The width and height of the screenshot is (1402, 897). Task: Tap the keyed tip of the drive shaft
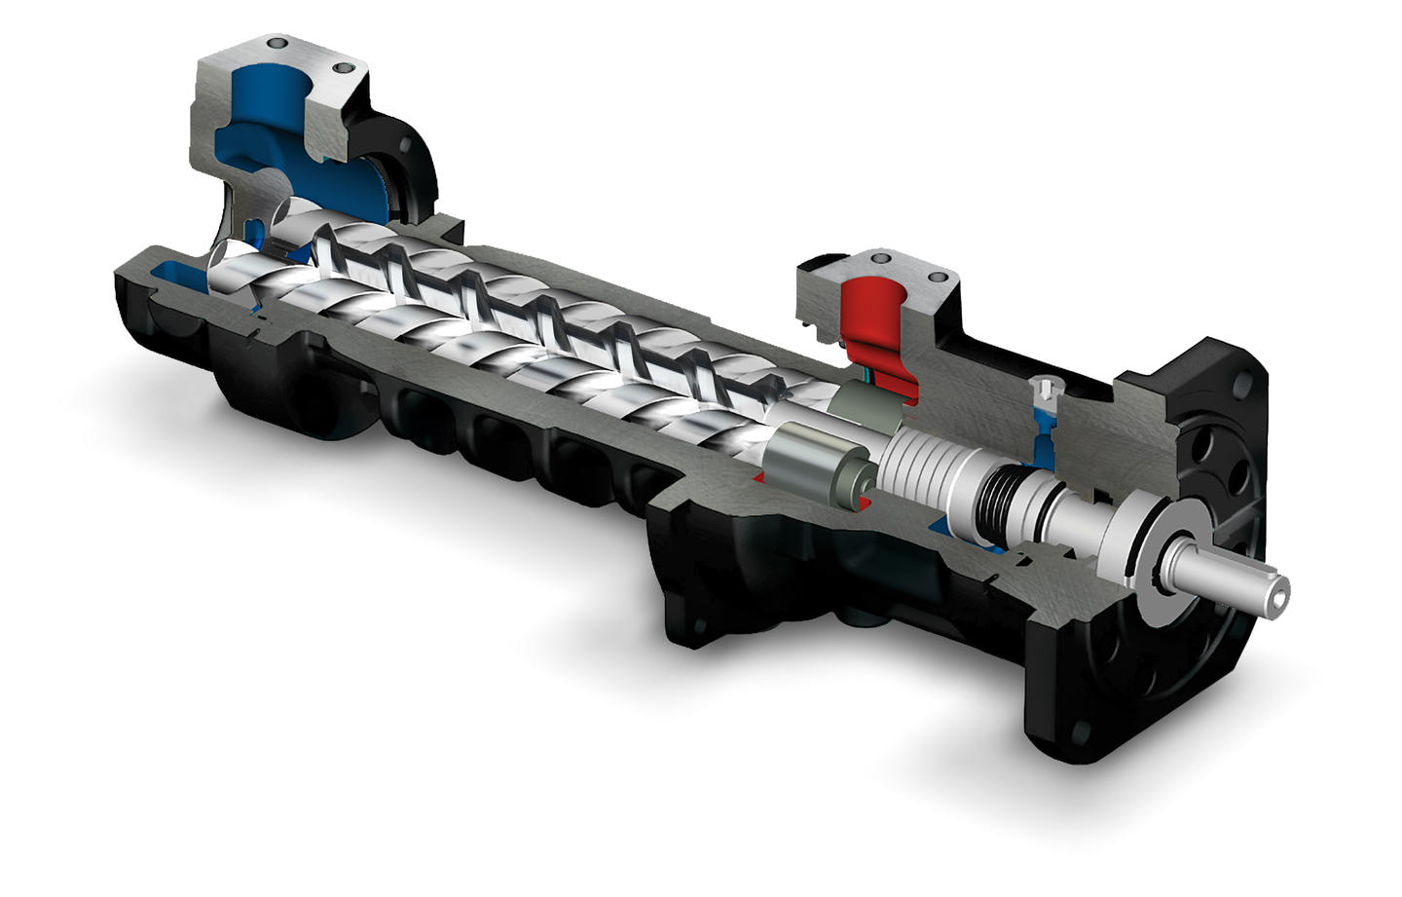[1274, 591]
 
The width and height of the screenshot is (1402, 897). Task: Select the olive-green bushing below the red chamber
[869, 406]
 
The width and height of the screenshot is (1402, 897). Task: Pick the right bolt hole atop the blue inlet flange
[340, 68]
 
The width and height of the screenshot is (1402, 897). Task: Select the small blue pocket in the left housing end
[174, 267]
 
